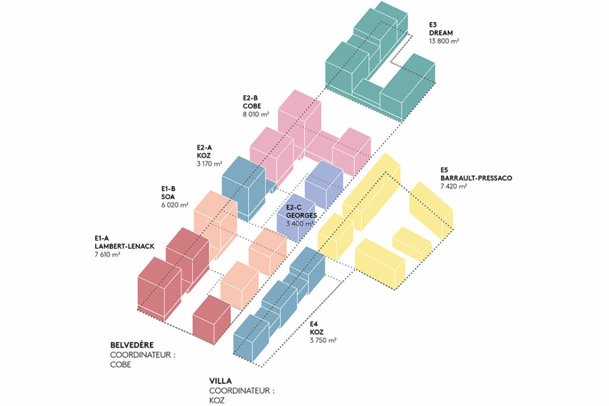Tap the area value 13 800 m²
click(x=444, y=41)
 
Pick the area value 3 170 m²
click(x=209, y=163)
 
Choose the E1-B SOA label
click(x=169, y=193)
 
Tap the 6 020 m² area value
click(x=174, y=205)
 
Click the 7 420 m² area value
click(x=454, y=186)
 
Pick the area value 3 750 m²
click(x=323, y=341)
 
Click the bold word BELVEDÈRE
click(x=132, y=345)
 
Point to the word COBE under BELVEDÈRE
click(x=121, y=365)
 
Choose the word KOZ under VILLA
click(x=216, y=401)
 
